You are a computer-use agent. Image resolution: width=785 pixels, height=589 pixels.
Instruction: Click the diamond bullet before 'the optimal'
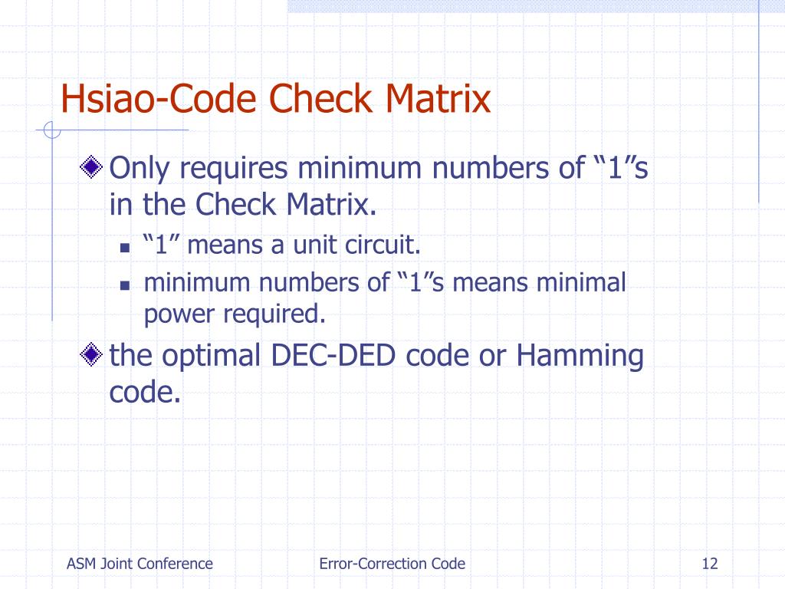(x=92, y=355)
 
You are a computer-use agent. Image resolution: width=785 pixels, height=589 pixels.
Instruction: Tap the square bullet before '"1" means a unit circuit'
(x=124, y=248)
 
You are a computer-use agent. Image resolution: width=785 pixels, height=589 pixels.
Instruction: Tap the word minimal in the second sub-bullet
(x=581, y=282)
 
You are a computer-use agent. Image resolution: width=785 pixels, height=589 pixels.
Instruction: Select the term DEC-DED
(x=333, y=356)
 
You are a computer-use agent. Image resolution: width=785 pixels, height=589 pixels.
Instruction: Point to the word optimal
(x=215, y=356)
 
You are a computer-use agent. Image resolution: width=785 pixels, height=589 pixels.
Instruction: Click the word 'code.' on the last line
(x=145, y=392)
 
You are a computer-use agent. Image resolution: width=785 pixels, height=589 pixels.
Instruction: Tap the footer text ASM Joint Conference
(x=140, y=564)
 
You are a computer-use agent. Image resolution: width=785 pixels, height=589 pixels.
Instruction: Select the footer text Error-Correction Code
(x=392, y=564)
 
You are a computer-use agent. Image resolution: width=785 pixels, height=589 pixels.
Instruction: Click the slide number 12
(x=709, y=564)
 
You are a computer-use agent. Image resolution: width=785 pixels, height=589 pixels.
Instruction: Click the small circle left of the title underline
(x=51, y=131)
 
